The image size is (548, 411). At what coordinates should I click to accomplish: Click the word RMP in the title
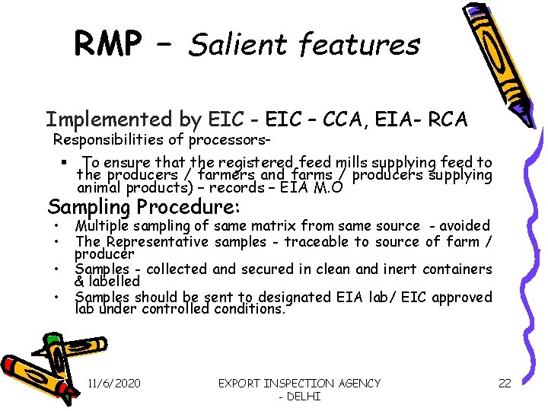107,44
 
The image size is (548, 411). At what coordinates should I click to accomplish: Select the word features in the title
359,46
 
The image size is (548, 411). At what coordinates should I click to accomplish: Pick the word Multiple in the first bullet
103,225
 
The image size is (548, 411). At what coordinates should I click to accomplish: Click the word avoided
464,225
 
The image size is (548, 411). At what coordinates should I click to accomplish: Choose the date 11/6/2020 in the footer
114,384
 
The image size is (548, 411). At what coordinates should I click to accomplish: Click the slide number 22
505,384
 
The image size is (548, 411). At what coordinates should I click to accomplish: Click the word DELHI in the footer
301,397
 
